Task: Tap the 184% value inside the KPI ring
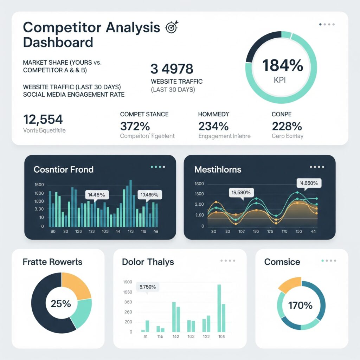click(x=283, y=65)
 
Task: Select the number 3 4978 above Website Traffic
click(x=172, y=69)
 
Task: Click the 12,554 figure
click(x=43, y=120)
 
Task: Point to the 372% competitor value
click(x=135, y=126)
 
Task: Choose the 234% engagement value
click(x=213, y=126)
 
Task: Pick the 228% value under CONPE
click(x=287, y=126)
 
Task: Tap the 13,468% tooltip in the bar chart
click(x=149, y=194)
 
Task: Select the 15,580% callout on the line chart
click(x=241, y=192)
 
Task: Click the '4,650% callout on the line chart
click(x=309, y=183)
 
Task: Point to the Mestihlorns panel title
click(x=218, y=169)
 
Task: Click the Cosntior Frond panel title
click(x=64, y=169)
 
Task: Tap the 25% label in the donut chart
click(x=61, y=303)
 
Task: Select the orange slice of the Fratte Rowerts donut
click(x=76, y=285)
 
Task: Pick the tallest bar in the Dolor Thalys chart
click(x=219, y=308)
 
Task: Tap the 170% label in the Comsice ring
click(x=300, y=305)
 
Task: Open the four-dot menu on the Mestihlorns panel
click(x=317, y=167)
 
